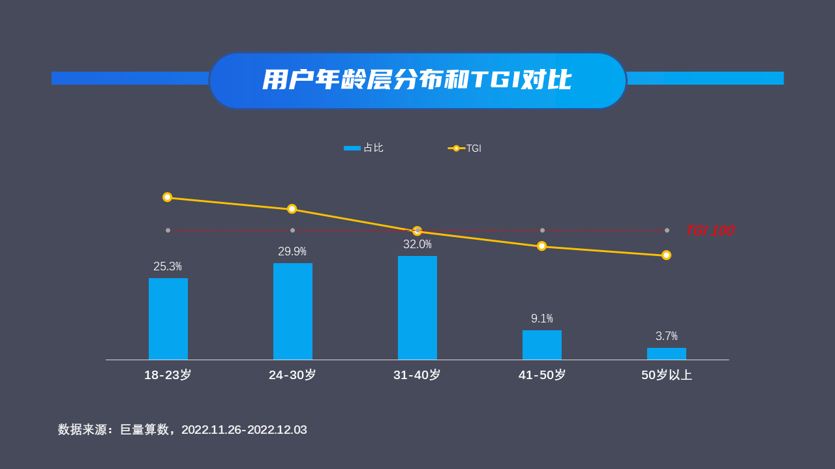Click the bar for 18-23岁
pyautogui.click(x=168, y=319)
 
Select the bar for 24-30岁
pyautogui.click(x=292, y=311)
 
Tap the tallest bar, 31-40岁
pyautogui.click(x=417, y=307)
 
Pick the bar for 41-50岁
pyautogui.click(x=541, y=345)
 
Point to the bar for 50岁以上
pyautogui.click(x=666, y=354)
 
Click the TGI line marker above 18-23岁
pyautogui.click(x=167, y=197)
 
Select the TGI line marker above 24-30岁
pyautogui.click(x=292, y=209)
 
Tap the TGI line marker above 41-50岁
pyautogui.click(x=541, y=246)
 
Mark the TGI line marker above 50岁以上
pyautogui.click(x=666, y=255)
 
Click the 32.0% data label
pyautogui.click(x=417, y=244)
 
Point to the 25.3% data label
pyautogui.click(x=168, y=266)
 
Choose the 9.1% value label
pyautogui.click(x=541, y=319)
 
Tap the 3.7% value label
pyautogui.click(x=666, y=336)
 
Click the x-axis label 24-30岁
pyautogui.click(x=292, y=375)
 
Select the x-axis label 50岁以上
pyautogui.click(x=666, y=375)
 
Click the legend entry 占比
pyautogui.click(x=364, y=148)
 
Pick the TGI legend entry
pyautogui.click(x=465, y=149)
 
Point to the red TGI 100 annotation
pyautogui.click(x=709, y=231)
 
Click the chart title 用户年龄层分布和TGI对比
pyautogui.click(x=417, y=80)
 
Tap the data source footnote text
pyautogui.click(x=183, y=430)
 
